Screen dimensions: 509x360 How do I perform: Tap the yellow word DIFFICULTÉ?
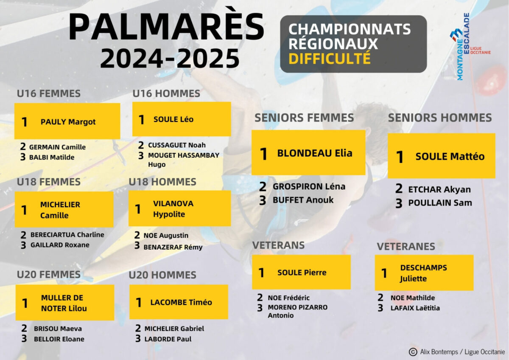[330, 58]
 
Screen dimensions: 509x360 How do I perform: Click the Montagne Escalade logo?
[470, 47]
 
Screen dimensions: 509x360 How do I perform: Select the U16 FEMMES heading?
[49, 93]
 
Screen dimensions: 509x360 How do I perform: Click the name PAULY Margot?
[68, 122]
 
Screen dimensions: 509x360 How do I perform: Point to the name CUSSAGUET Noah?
[177, 145]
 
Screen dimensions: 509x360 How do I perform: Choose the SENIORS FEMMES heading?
[304, 118]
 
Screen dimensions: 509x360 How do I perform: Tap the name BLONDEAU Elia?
[315, 153]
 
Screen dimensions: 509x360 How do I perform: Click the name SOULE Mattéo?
[450, 157]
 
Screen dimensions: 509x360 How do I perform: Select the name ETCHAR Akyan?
[439, 189]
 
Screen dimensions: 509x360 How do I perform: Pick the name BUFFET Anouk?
[303, 200]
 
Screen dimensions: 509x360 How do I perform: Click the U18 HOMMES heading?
[162, 182]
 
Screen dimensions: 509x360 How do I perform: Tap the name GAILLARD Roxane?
[60, 245]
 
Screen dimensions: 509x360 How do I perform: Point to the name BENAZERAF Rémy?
[173, 247]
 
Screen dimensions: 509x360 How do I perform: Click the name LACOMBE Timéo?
[181, 302]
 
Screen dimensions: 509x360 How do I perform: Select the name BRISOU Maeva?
[58, 329]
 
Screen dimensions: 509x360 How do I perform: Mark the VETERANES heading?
[406, 247]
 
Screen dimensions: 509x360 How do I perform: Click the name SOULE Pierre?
[302, 273]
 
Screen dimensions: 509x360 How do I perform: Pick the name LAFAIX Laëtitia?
[415, 308]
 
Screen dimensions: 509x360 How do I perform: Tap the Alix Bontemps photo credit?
[457, 352]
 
